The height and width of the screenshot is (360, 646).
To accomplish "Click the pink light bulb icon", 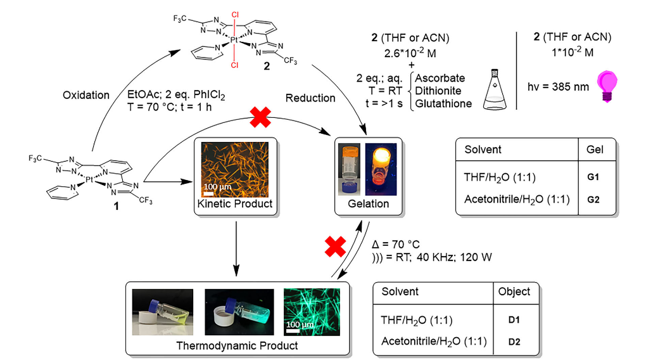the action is click(x=607, y=86).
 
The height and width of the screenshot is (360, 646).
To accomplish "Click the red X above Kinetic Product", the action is click(x=260, y=117).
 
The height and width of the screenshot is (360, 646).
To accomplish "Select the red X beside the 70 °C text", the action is click(x=335, y=247).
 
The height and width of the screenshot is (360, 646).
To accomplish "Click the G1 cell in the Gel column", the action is click(x=593, y=177).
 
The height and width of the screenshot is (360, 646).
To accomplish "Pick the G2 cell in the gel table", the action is click(x=593, y=200).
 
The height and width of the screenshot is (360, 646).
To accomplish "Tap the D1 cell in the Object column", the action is click(x=514, y=319).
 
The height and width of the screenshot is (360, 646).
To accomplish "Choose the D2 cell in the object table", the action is click(x=514, y=342).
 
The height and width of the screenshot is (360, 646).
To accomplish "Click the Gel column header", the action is click(x=595, y=150).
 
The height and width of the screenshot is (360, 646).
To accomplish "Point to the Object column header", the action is click(x=514, y=292).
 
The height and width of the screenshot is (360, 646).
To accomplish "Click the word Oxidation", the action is click(x=86, y=95).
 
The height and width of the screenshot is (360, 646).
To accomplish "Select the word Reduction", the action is click(x=310, y=98).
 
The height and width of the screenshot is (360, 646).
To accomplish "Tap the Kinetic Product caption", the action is click(x=235, y=203).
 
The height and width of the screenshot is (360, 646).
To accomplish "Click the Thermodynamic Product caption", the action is click(x=237, y=345).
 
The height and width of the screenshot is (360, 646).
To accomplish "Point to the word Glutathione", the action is click(x=443, y=103).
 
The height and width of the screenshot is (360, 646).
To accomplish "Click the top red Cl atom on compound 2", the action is click(x=235, y=15).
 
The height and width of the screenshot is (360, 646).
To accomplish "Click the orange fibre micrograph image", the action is click(x=235, y=169).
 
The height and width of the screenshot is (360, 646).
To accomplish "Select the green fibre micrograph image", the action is click(x=312, y=312).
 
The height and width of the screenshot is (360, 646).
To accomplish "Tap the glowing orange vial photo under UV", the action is click(x=381, y=169).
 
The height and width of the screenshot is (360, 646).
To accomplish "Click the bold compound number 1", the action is click(x=116, y=206).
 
